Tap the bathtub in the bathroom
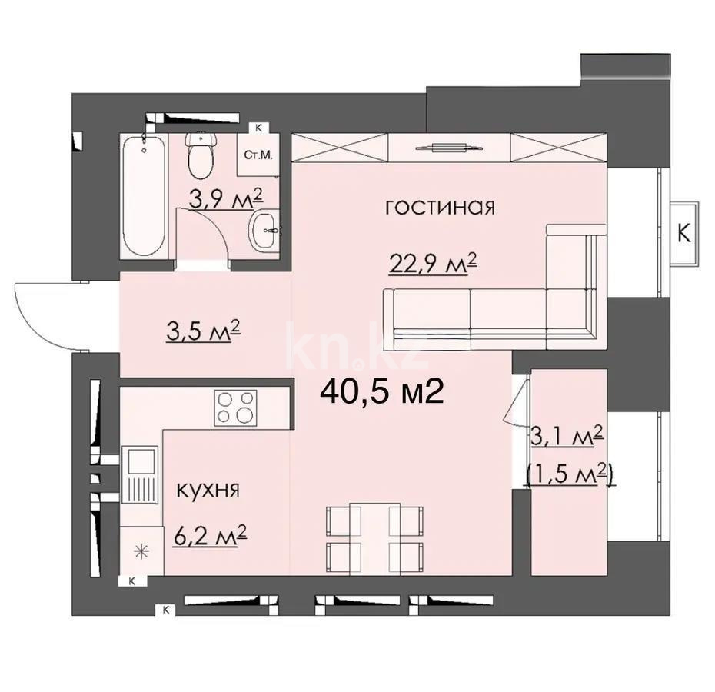[144, 198]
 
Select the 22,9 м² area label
[431, 264]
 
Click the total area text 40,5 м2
[381, 393]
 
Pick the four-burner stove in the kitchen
[235, 407]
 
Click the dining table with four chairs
[375, 536]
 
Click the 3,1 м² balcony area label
[567, 438]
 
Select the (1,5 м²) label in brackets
[568, 476]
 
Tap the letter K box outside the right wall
[683, 234]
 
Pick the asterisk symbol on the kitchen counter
[141, 550]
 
